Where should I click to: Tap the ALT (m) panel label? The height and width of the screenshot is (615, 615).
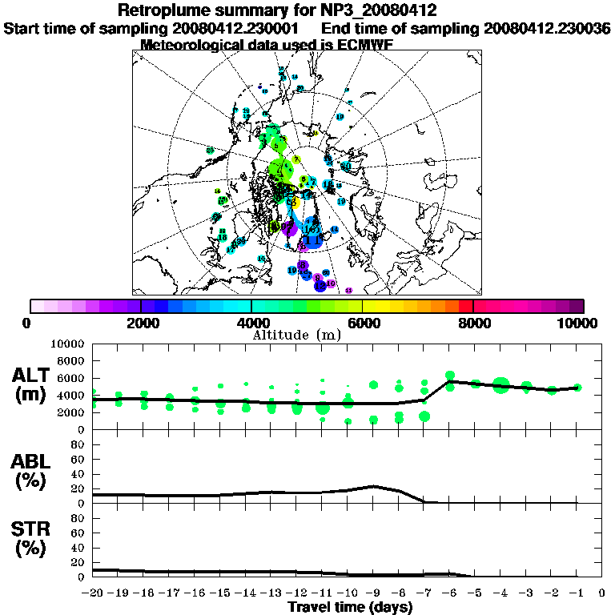click(33, 384)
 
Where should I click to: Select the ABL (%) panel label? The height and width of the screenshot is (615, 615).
click(33, 472)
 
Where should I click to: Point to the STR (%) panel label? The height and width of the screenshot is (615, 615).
click(33, 538)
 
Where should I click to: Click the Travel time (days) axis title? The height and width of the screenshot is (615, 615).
click(350, 607)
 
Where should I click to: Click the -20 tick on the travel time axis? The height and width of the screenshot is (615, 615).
click(94, 593)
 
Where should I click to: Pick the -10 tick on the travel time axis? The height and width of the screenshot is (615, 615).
click(348, 593)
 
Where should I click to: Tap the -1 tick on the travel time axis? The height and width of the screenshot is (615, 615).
click(577, 593)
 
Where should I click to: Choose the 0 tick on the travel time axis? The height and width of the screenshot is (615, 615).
click(601, 593)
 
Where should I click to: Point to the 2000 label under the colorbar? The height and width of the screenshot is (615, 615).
click(141, 323)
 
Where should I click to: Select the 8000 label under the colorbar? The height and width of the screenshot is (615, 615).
click(473, 323)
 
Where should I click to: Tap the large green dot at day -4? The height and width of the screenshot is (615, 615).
click(501, 385)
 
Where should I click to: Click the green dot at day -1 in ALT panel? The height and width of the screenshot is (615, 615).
click(577, 388)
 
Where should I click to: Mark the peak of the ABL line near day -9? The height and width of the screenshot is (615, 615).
click(373, 486)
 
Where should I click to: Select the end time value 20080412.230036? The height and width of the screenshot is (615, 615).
click(546, 28)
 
